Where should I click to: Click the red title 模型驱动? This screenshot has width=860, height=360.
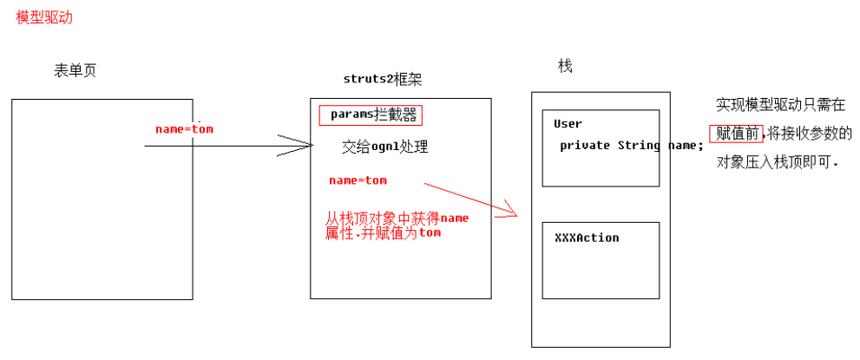tap(44, 17)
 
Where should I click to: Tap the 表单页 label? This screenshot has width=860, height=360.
tap(75, 71)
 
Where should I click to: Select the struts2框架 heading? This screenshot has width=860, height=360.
tap(383, 80)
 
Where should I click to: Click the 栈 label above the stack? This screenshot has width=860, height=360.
tap(565, 67)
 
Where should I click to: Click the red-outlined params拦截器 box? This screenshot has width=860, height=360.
tap(371, 115)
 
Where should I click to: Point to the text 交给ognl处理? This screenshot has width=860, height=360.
tap(384, 147)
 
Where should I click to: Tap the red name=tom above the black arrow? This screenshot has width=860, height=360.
tap(184, 129)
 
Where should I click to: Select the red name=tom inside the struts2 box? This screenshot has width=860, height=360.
tap(358, 180)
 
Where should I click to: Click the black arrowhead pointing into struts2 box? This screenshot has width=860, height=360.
tap(299, 146)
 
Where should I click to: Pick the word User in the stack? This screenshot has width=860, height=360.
tap(568, 124)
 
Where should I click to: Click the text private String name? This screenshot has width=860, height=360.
tap(631, 146)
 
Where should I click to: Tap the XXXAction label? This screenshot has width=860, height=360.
tap(587, 238)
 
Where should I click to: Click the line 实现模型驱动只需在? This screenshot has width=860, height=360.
tap(780, 105)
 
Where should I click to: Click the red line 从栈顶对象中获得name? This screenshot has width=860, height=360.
tap(397, 219)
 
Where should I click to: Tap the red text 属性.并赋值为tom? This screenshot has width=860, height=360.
tap(382, 233)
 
